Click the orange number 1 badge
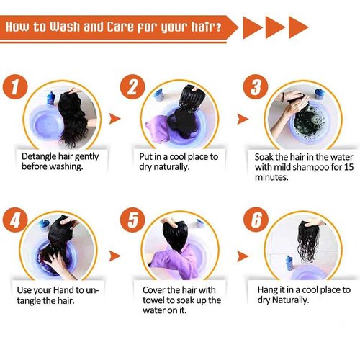click(x=15, y=86)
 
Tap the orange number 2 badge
click(x=132, y=86)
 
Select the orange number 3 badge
click(x=256, y=86)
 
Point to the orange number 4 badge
click(x=15, y=220)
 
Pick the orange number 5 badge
click(x=132, y=220)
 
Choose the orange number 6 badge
click(x=256, y=220)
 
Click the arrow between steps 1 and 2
click(x=114, y=119)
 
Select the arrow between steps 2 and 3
click(x=243, y=120)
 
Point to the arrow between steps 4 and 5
click(x=114, y=256)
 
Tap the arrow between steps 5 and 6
click(x=243, y=256)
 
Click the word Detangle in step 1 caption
click(x=39, y=157)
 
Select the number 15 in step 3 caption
click(x=349, y=167)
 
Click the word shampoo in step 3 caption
click(x=310, y=168)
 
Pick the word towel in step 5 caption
click(x=153, y=300)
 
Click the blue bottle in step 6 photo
click(x=289, y=263)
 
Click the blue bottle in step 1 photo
click(x=50, y=98)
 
